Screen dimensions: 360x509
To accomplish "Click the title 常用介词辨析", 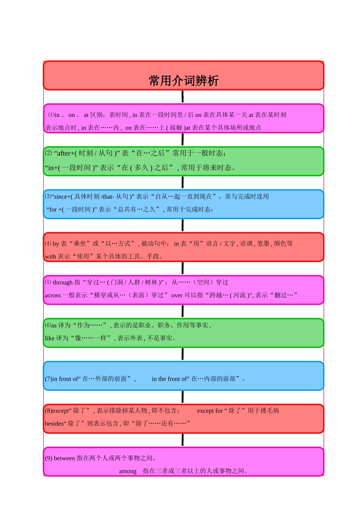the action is [x=183, y=81].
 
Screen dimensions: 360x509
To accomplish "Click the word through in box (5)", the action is [x=63, y=283].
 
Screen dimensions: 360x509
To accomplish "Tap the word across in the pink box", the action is [x=53, y=295].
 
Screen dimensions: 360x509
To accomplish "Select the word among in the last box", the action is [x=128, y=472].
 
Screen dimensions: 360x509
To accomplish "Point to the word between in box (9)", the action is [x=64, y=458].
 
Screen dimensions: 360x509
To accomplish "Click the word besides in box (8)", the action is [x=54, y=423].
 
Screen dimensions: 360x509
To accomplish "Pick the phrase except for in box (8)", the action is [x=210, y=411].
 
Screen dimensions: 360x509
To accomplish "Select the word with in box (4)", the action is [x=50, y=256].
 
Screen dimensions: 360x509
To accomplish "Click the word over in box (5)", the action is [x=177, y=295].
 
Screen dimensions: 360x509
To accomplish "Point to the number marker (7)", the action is [x=49, y=379].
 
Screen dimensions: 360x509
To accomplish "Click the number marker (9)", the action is [x=49, y=458].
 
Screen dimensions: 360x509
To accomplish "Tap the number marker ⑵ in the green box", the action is [x=49, y=153].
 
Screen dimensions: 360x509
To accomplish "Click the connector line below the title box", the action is [x=182, y=97].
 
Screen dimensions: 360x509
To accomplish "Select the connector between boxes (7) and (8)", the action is [x=182, y=397].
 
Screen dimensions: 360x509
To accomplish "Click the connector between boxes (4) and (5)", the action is [x=182, y=268].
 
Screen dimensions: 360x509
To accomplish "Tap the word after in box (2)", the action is [x=64, y=153].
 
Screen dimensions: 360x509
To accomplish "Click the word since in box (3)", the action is [x=60, y=197].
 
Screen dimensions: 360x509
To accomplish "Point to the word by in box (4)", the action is [x=56, y=244].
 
